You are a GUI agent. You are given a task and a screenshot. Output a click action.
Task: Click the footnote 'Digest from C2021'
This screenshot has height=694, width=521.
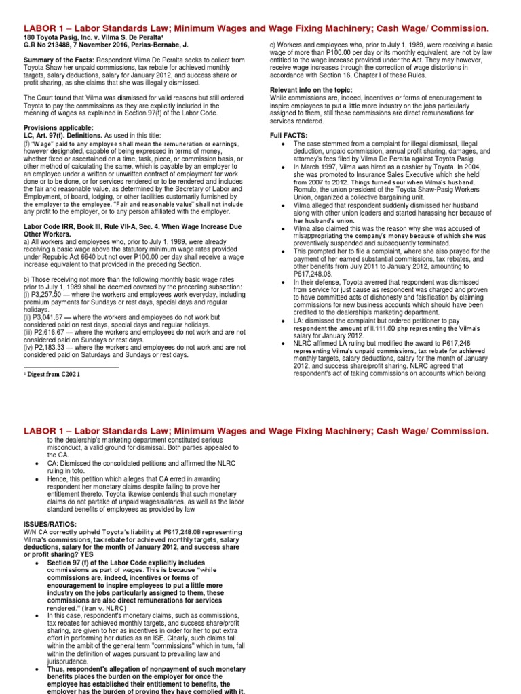point(56,373)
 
